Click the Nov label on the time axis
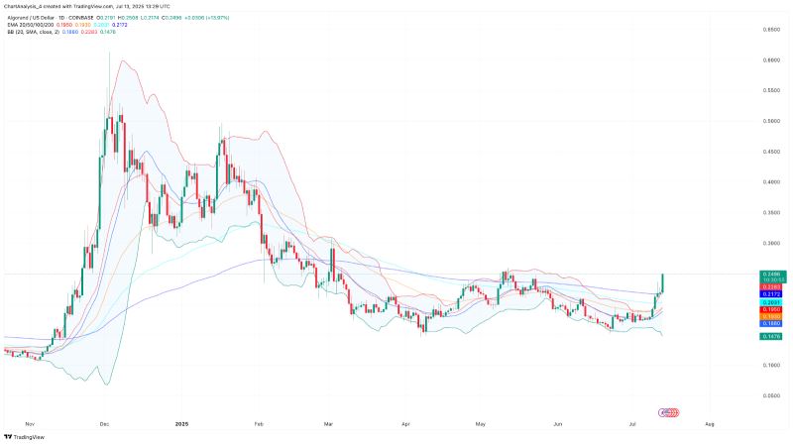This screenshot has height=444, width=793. coord(29,423)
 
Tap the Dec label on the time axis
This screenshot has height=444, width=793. coord(104,423)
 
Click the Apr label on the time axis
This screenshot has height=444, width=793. coord(406,423)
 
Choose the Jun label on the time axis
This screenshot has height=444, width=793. coord(557,423)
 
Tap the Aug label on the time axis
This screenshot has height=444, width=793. coord(709,423)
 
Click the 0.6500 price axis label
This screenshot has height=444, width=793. coord(769,30)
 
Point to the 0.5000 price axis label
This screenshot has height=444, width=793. coord(769,121)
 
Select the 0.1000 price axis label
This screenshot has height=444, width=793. coord(769,365)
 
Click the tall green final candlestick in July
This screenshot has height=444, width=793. coord(662,282)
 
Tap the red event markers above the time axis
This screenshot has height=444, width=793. coord(670,411)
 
